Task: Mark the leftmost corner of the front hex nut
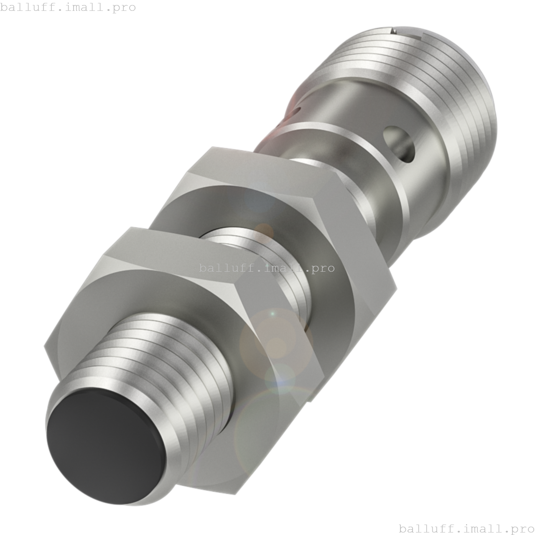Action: [45, 346]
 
